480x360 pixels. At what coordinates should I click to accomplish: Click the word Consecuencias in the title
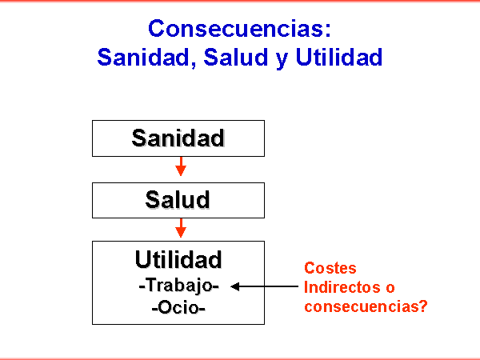(236, 28)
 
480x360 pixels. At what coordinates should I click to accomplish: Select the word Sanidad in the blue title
(143, 57)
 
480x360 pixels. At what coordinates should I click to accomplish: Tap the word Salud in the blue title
(236, 57)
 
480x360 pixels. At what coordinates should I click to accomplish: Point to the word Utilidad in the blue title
(339, 57)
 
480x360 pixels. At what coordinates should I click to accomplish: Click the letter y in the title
(282, 60)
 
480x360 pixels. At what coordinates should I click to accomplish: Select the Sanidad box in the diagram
(178, 138)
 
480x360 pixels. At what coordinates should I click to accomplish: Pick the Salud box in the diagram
(178, 200)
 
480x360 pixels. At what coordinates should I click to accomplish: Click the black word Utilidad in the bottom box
(178, 259)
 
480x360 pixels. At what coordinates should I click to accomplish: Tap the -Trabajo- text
(178, 286)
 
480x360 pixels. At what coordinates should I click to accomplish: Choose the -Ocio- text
(178, 307)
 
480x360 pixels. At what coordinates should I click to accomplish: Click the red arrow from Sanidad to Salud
(181, 166)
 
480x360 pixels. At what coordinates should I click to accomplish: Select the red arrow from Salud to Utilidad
(181, 228)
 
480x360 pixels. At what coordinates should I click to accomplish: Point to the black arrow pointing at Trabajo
(264, 286)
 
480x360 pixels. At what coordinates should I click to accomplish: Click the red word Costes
(330, 268)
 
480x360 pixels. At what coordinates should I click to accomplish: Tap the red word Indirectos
(342, 287)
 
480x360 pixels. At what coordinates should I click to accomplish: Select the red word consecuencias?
(366, 306)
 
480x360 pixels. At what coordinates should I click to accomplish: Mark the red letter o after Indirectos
(390, 288)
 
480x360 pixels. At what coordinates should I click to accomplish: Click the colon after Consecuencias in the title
(328, 30)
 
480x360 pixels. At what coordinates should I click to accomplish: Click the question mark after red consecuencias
(423, 306)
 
